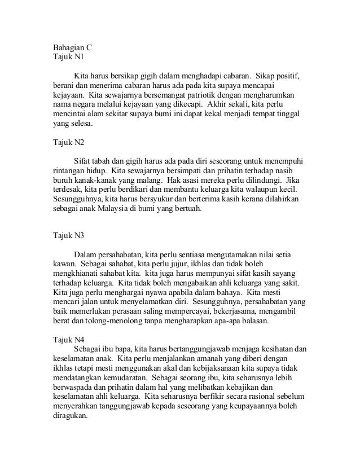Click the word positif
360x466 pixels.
click(287, 75)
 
